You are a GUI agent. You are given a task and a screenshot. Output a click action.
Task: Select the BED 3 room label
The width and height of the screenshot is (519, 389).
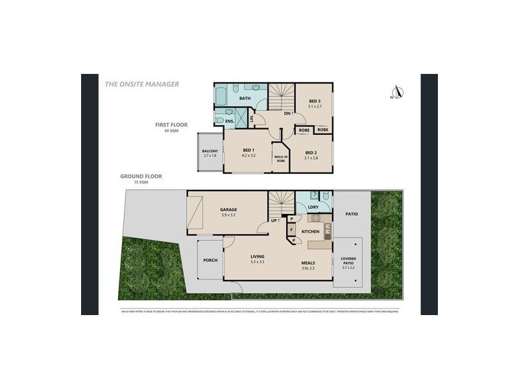314,102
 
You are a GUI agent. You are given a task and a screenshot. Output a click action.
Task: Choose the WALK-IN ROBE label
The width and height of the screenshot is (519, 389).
281,158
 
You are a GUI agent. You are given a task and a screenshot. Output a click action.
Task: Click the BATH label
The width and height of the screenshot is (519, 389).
245,99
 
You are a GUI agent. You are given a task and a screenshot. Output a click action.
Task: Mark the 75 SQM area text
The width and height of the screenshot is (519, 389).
137,183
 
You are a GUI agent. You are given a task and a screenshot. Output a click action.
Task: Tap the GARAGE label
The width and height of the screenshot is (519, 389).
228,209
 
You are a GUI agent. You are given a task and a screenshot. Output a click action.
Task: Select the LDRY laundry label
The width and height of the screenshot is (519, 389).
313,207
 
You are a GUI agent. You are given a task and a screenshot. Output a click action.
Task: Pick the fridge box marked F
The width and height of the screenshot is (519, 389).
291,229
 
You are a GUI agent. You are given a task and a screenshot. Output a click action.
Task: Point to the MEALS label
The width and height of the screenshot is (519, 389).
308,263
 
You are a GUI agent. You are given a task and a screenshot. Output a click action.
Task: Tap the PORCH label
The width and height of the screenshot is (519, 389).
210,259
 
